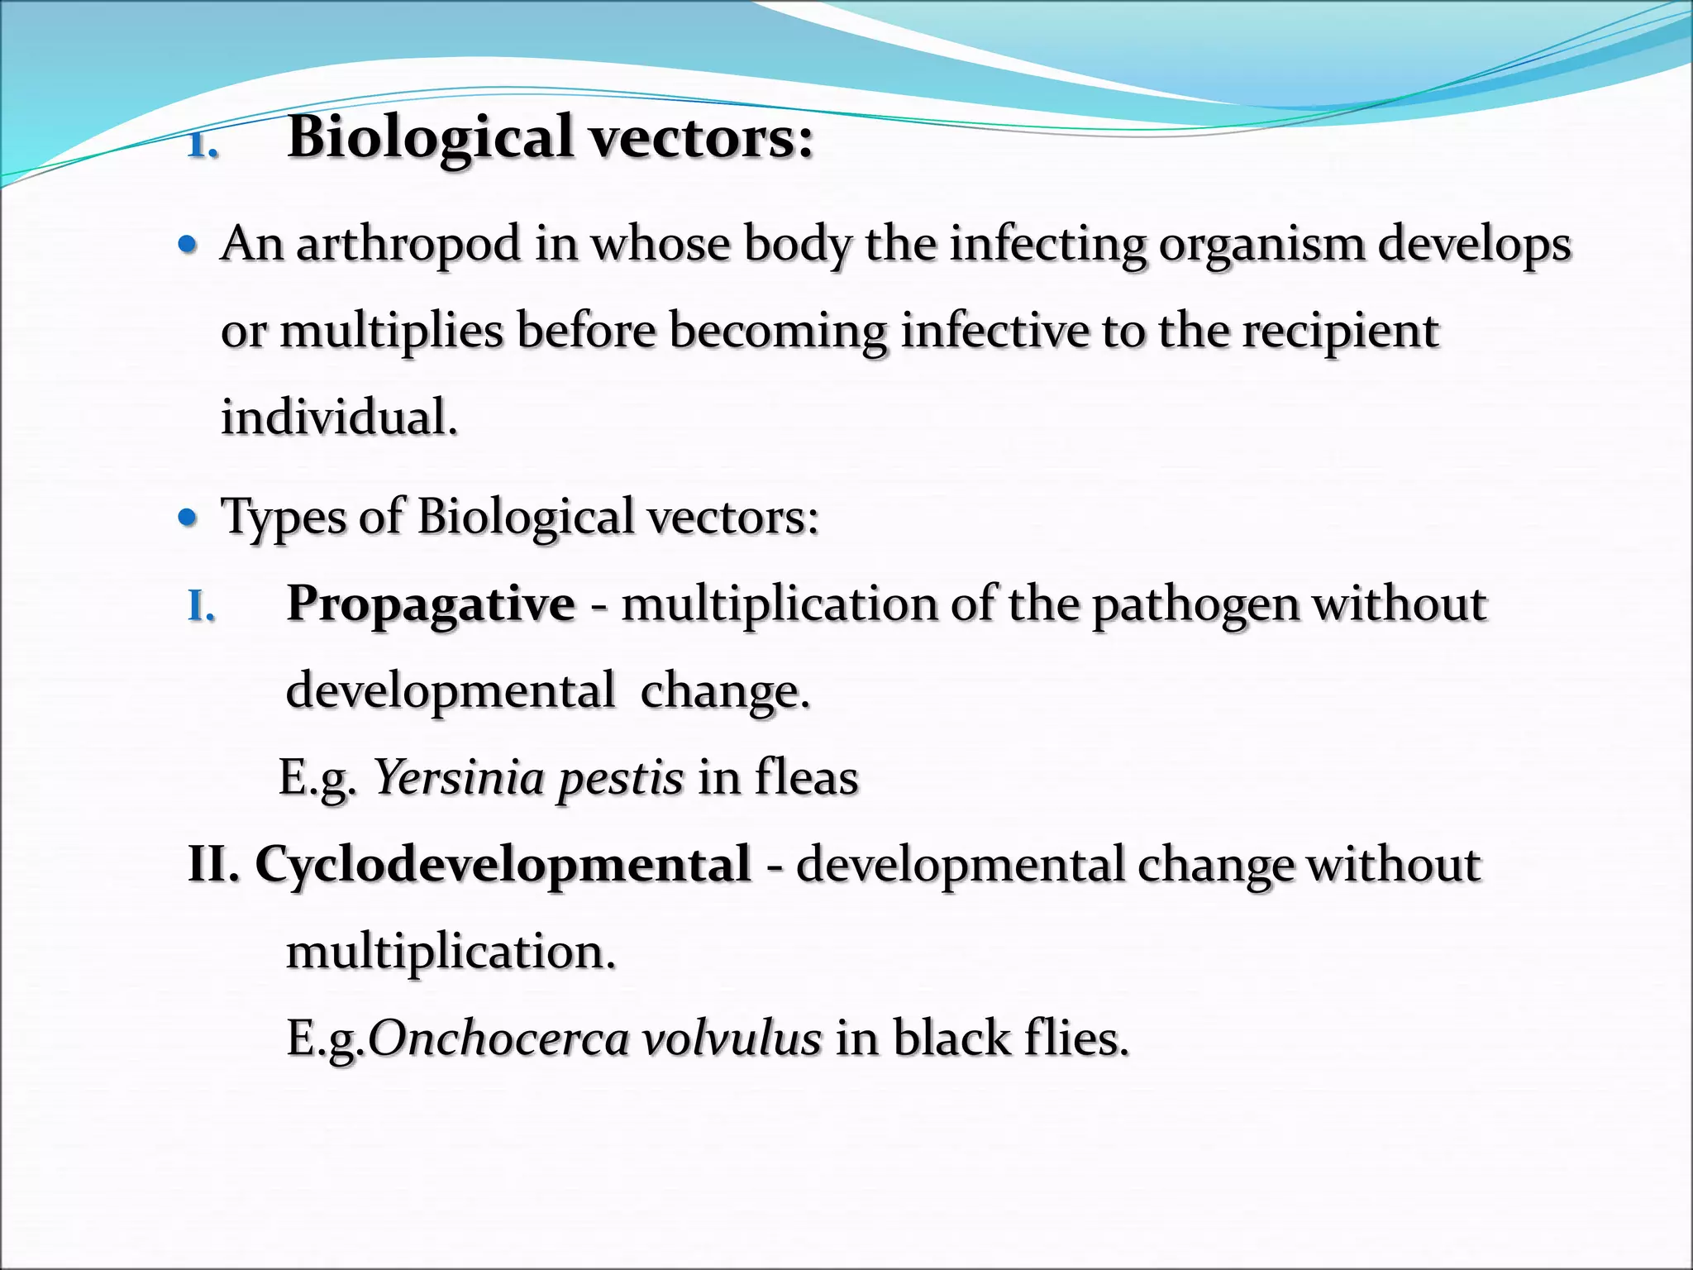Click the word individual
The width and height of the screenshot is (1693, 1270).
338,417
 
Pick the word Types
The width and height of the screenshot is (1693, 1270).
284,518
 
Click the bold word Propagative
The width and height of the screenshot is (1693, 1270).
430,604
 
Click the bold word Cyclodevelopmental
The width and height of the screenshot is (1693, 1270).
503,865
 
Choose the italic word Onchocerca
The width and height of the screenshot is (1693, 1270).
498,1038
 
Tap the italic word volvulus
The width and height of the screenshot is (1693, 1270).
732,1038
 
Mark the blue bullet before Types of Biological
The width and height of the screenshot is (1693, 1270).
188,518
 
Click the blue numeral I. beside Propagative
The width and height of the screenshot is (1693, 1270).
201,607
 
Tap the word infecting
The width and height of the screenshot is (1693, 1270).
1047,246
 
